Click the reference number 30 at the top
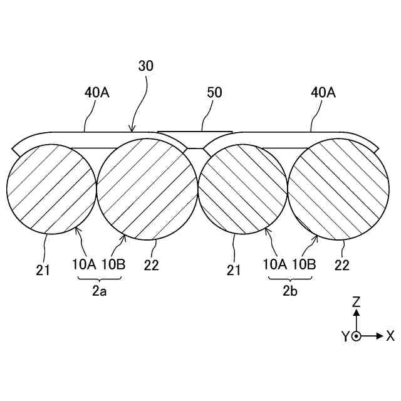pos(145,65)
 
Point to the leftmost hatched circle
pos(49,189)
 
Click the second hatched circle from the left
pos(148,189)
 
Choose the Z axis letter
pos(356,301)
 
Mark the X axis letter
pos(390,336)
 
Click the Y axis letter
pos(345,336)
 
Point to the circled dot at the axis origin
pos(356,336)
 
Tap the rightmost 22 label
pos(341,264)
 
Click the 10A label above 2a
pos(83,264)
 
